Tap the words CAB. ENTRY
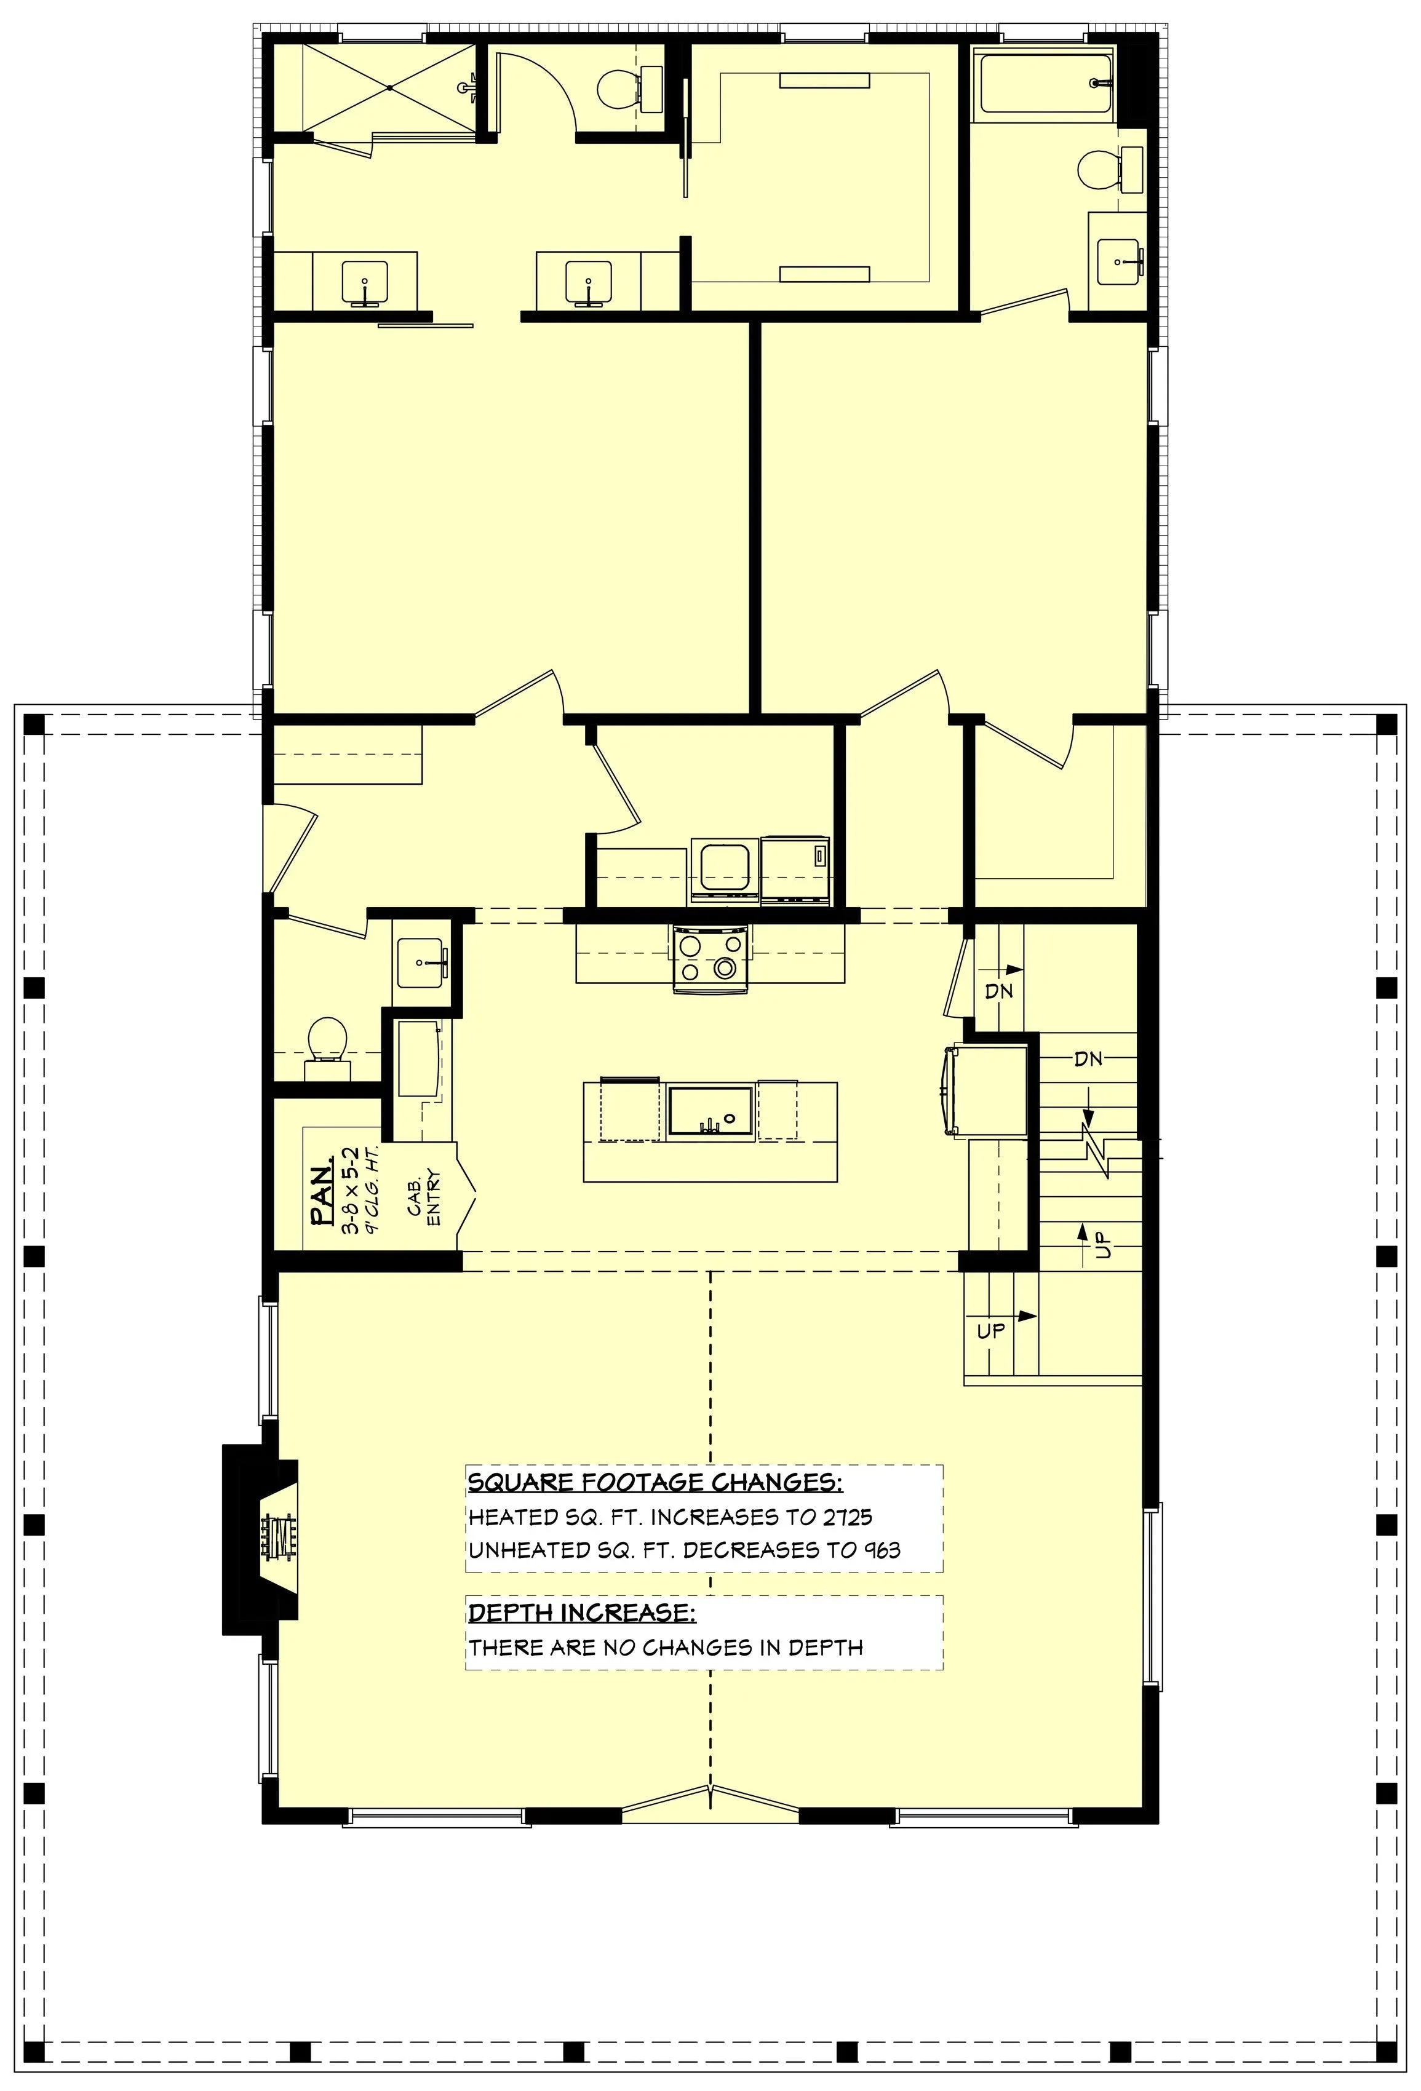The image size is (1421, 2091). [424, 1197]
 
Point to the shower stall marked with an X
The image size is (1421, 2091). [389, 87]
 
